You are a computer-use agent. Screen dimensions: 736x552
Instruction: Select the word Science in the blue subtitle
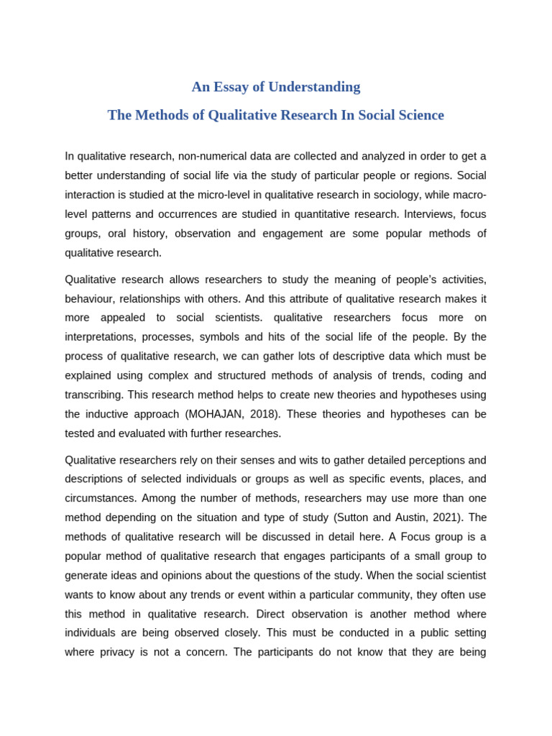coord(418,115)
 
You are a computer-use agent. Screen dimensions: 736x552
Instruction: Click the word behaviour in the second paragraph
coord(89,298)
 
